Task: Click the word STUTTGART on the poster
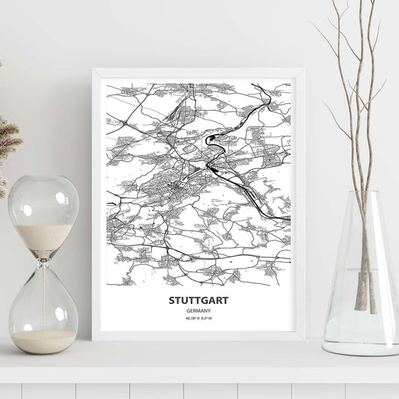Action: click(198, 301)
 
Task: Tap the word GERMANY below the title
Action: click(198, 311)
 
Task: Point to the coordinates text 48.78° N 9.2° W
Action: click(198, 320)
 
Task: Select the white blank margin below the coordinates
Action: click(198, 329)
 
